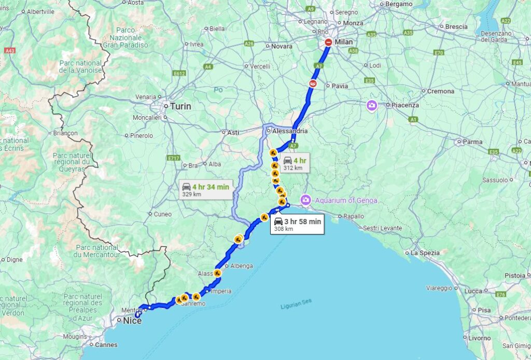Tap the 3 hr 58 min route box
pos(297,224)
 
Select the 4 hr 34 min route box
pos(205,190)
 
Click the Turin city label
pos(180,106)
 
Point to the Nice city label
pos(132,321)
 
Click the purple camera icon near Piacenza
pos(372,106)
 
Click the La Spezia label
pos(425,253)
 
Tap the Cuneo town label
pos(162,214)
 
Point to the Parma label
pos(472,142)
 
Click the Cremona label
pos(440,91)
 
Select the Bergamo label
pos(398,4)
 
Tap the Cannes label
pos(106,344)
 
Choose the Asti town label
pos(233,132)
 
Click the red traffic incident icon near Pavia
pos(313,83)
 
